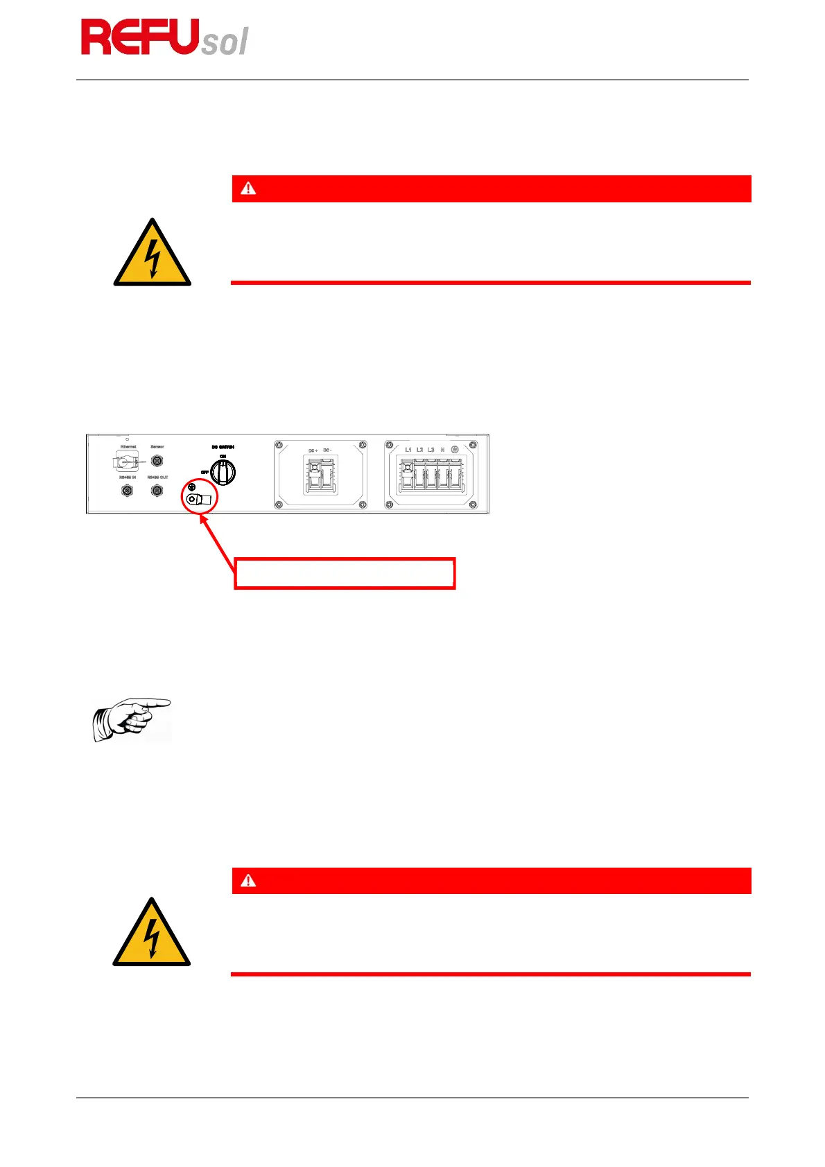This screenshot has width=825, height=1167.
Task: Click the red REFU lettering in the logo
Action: [139, 37]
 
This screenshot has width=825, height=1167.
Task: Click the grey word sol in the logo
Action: [225, 42]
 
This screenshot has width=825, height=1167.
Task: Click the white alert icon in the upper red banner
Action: [248, 188]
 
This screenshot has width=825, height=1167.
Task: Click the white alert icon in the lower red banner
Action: [248, 881]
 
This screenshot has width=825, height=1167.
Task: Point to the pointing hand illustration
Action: [132, 719]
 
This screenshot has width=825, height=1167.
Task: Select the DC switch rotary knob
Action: [223, 473]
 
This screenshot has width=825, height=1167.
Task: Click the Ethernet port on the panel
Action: [128, 461]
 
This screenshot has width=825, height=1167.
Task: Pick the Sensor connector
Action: [157, 460]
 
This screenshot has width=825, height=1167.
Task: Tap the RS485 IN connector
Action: [127, 491]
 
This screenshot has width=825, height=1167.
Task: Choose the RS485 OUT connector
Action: [157, 491]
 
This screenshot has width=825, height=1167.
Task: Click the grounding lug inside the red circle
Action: [198, 499]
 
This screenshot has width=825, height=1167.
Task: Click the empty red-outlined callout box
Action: [345, 573]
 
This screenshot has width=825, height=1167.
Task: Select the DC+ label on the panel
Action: [313, 450]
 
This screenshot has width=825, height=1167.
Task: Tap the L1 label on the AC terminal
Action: [408, 450]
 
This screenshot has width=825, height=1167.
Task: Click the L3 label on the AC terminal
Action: [431, 450]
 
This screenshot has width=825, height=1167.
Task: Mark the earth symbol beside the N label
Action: [455, 450]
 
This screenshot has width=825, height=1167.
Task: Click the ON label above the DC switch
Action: [223, 456]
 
